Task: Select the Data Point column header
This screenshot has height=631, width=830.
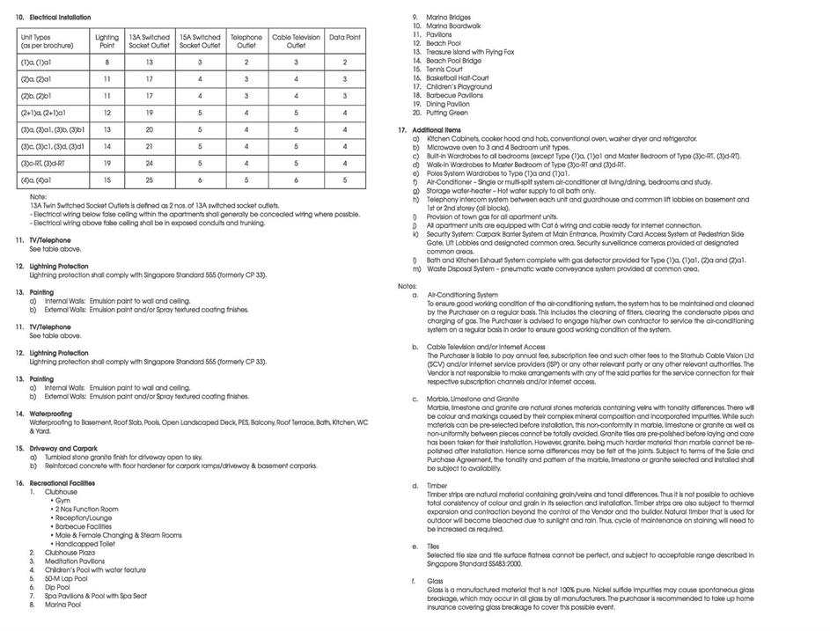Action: click(x=345, y=38)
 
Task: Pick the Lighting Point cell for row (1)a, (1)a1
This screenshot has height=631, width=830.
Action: click(x=107, y=62)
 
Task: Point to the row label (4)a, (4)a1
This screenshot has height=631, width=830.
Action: click(x=37, y=180)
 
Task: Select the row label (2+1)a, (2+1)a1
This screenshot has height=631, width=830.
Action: click(x=43, y=113)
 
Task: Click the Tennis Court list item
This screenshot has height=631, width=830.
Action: click(x=444, y=70)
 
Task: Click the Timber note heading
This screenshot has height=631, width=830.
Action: click(x=437, y=485)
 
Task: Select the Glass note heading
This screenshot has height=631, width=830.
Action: click(x=435, y=581)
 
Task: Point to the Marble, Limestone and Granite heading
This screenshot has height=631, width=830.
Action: click(x=473, y=399)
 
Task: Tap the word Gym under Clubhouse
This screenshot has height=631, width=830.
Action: click(x=62, y=500)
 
